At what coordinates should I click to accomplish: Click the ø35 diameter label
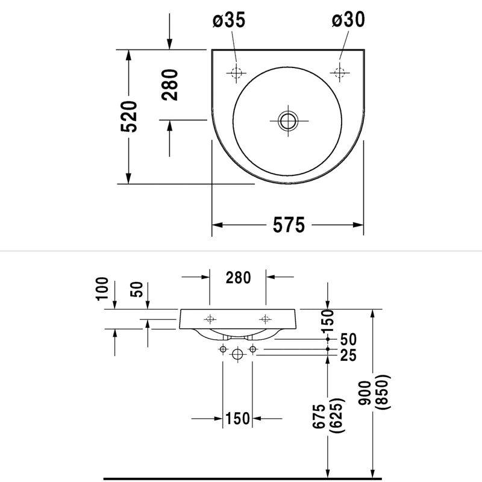230,20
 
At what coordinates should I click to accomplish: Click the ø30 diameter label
348,20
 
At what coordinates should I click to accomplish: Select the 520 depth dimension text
130,117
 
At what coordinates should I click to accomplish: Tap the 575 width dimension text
289,225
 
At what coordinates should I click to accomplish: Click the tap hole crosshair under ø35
236,73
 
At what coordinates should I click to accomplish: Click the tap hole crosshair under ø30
339,73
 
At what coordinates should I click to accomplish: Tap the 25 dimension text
348,356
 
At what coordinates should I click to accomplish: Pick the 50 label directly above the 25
348,340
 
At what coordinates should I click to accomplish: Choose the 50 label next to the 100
137,290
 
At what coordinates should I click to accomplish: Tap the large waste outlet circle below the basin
237,354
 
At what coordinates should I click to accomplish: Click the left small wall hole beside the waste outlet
223,349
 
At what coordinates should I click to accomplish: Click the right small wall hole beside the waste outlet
252,349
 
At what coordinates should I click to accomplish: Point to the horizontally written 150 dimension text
237,418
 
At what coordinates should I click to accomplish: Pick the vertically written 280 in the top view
171,85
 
